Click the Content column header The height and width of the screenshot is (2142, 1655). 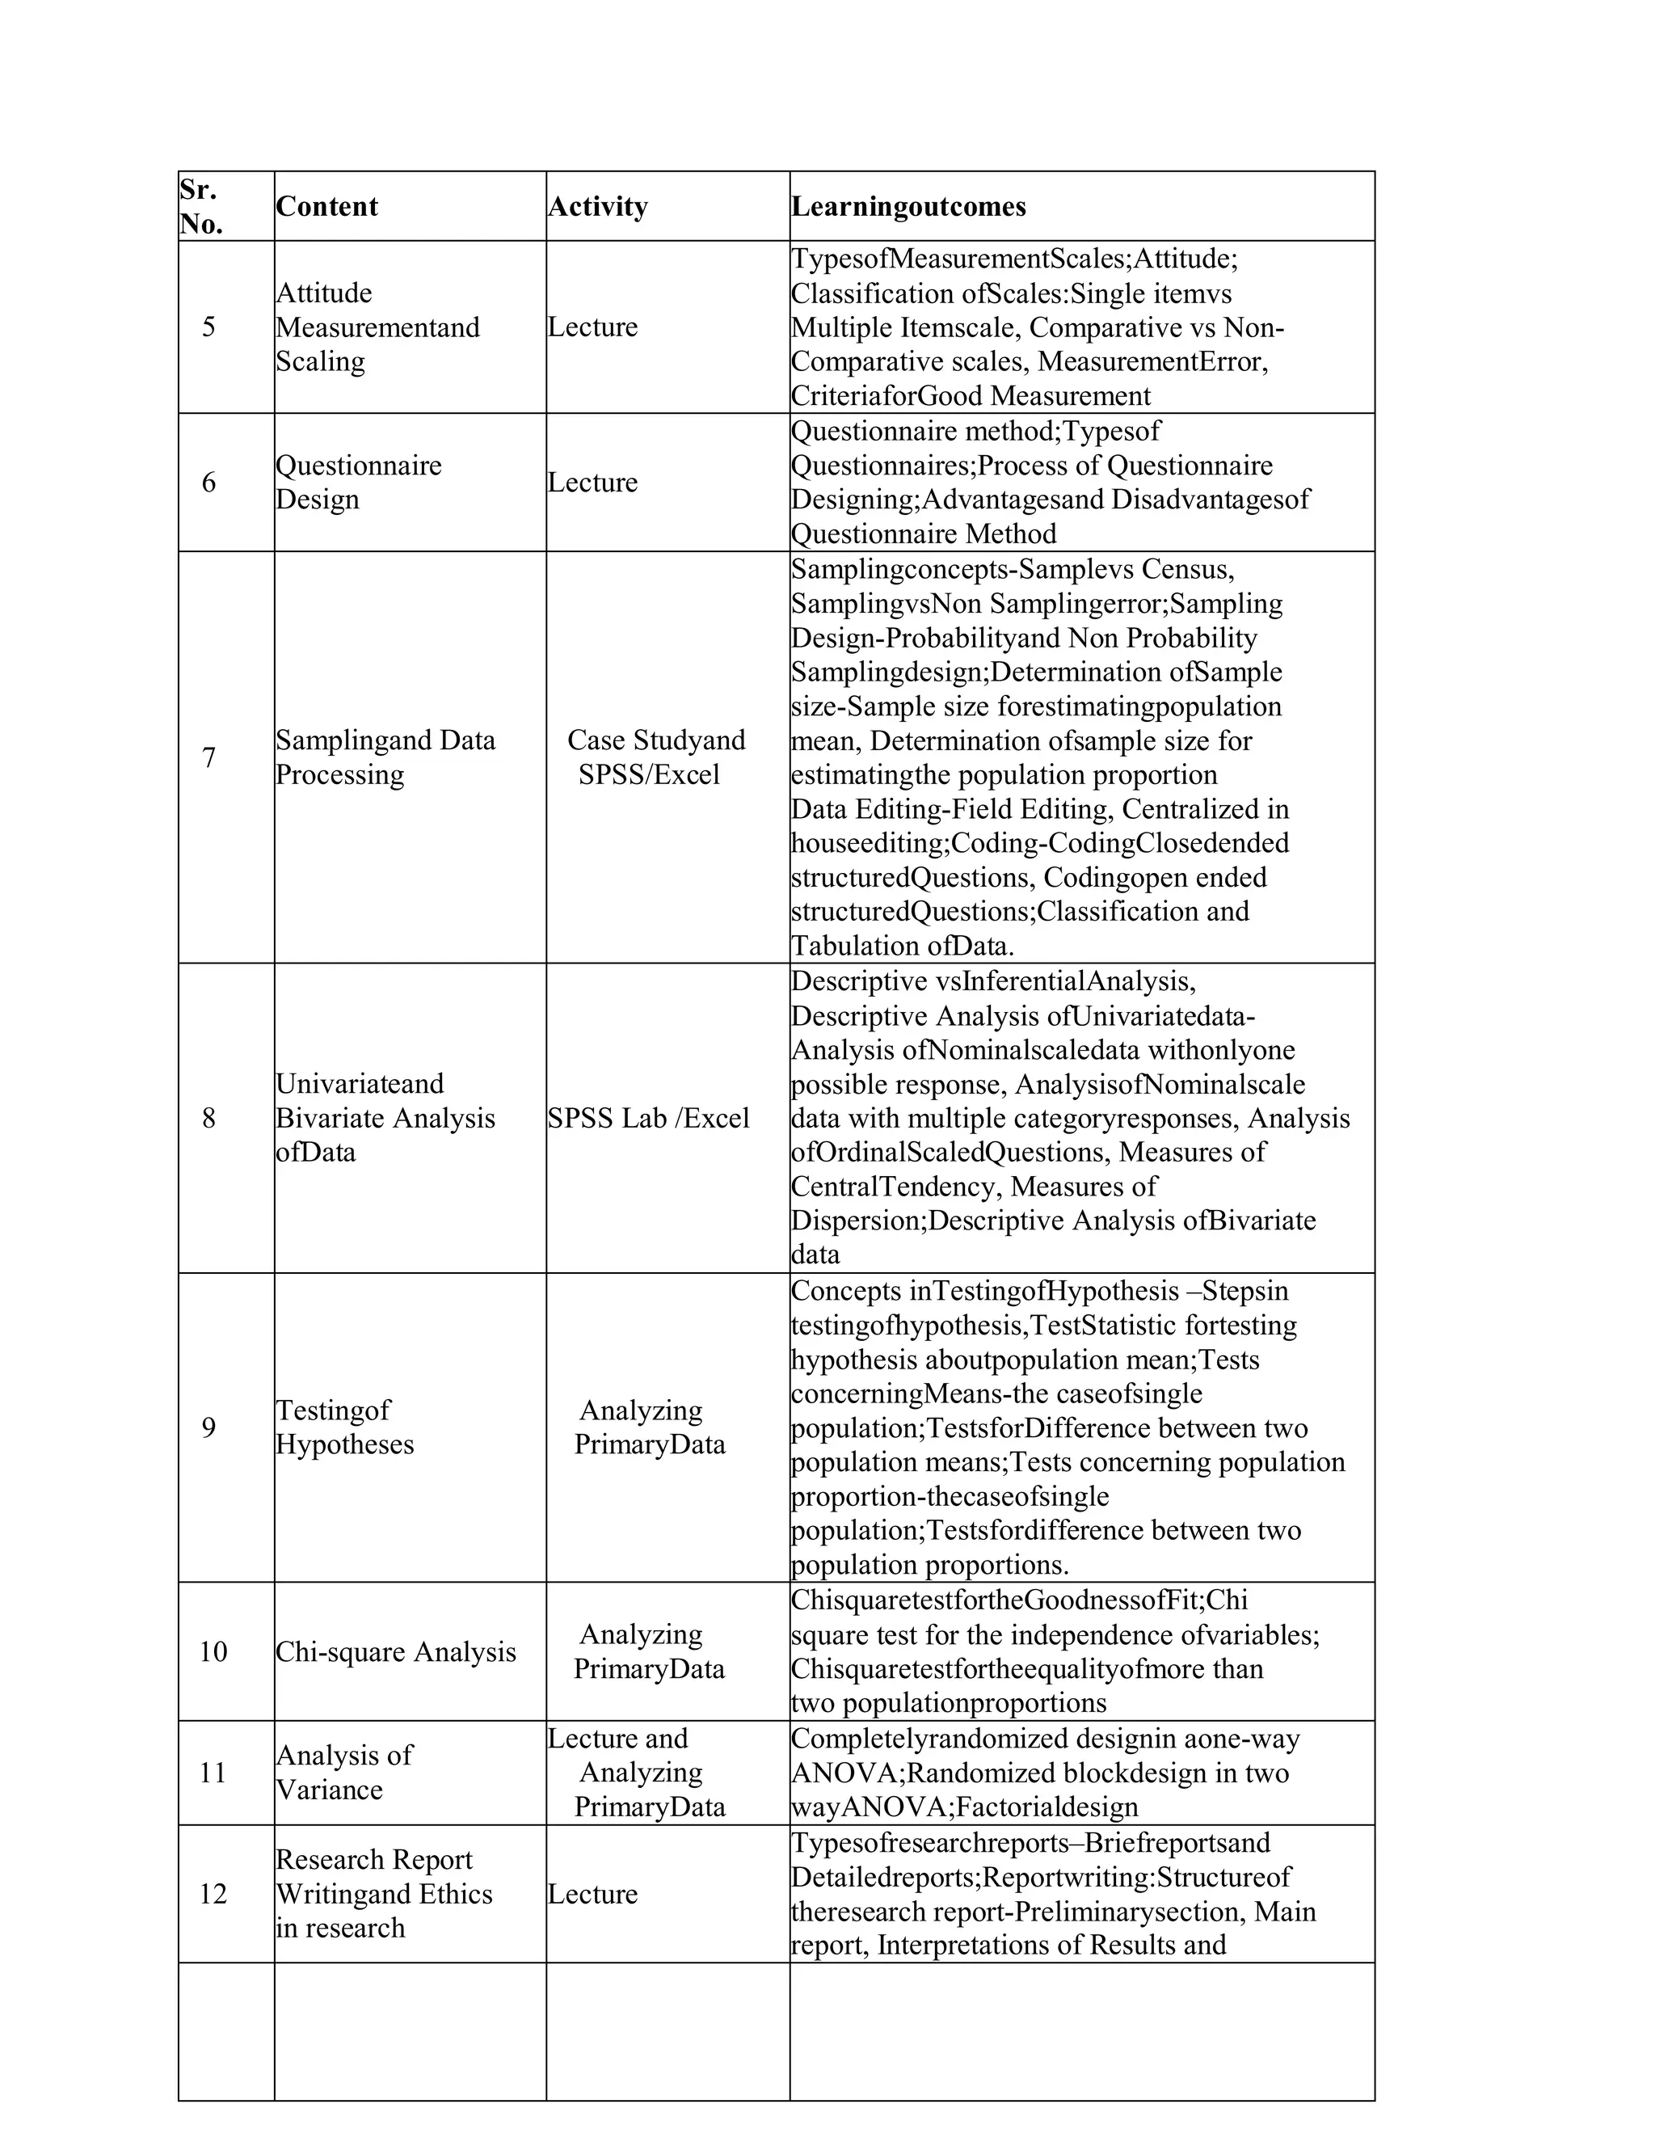point(326,206)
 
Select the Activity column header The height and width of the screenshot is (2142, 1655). point(597,206)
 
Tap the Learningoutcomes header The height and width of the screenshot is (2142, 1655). point(908,206)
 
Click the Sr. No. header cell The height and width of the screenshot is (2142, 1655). point(201,206)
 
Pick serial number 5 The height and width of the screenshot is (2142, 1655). point(208,327)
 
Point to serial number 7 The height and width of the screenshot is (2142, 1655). point(208,757)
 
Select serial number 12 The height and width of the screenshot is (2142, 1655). point(213,1894)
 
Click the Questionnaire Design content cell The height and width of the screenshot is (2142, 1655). point(358,482)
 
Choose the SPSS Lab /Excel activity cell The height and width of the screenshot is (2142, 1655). point(648,1118)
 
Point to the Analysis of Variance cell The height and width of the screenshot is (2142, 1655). point(343,1773)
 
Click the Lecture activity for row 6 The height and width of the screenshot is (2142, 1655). point(592,482)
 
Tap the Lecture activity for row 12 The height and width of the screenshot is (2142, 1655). point(592,1894)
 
